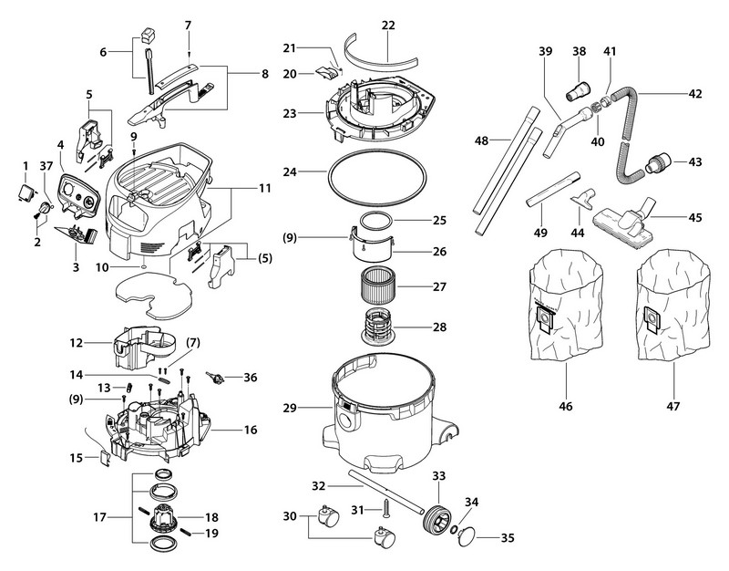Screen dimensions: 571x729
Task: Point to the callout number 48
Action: click(x=482, y=140)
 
